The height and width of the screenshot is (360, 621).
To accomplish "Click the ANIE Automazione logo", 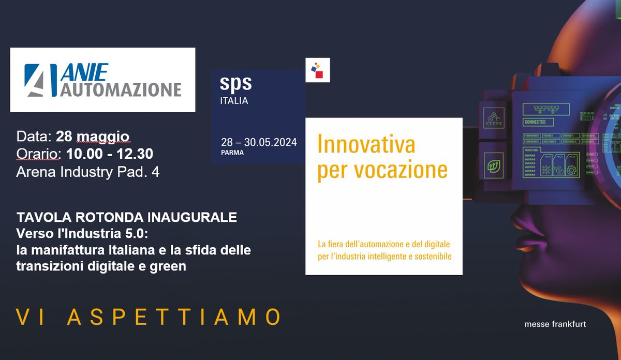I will (102, 80).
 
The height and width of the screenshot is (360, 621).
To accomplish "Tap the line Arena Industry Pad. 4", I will (88, 172).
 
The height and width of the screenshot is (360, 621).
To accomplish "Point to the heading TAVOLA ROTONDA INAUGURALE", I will (127, 218).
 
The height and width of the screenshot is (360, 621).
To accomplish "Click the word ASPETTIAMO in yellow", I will (174, 317).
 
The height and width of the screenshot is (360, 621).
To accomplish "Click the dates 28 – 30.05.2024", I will (259, 142).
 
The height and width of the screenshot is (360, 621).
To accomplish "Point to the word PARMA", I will (232, 153).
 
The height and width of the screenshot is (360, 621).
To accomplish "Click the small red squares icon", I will (317, 70).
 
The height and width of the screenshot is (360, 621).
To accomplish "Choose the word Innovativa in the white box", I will (366, 144).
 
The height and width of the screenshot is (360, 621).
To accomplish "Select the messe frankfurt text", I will (555, 324).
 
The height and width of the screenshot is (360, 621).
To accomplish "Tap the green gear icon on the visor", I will (544, 169).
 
